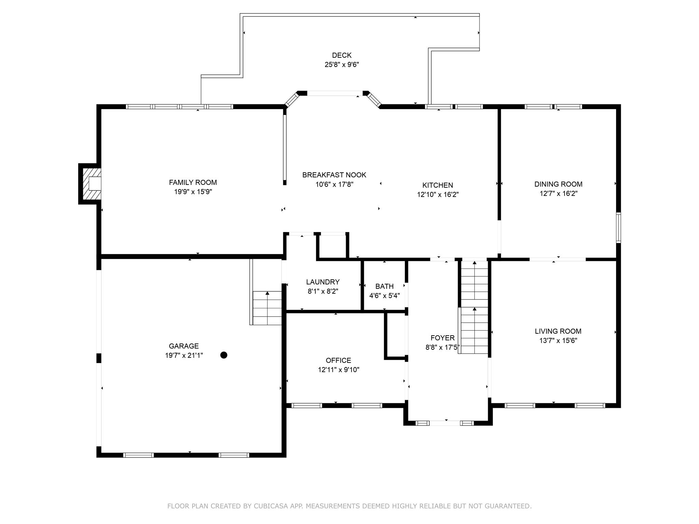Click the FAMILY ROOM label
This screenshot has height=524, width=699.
[193, 183]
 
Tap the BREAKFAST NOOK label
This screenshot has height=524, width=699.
[334, 175]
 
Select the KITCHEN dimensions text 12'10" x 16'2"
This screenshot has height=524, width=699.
[438, 195]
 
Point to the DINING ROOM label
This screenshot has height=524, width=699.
[558, 184]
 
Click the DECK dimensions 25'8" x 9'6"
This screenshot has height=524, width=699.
[342, 64]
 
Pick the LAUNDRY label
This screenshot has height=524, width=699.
[323, 282]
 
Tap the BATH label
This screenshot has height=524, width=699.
[385, 286]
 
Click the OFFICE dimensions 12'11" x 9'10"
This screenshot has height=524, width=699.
[339, 370]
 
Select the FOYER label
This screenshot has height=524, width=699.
[443, 338]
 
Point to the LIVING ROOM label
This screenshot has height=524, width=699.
[558, 331]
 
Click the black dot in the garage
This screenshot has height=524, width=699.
[224, 355]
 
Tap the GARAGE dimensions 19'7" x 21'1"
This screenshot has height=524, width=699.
[184, 355]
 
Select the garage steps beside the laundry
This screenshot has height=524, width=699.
[267, 308]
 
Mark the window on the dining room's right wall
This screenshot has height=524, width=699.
[618, 228]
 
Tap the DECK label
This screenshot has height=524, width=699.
[342, 55]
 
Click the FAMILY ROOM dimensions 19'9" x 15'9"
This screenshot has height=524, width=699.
[193, 192]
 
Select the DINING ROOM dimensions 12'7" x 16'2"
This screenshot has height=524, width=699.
[558, 194]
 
